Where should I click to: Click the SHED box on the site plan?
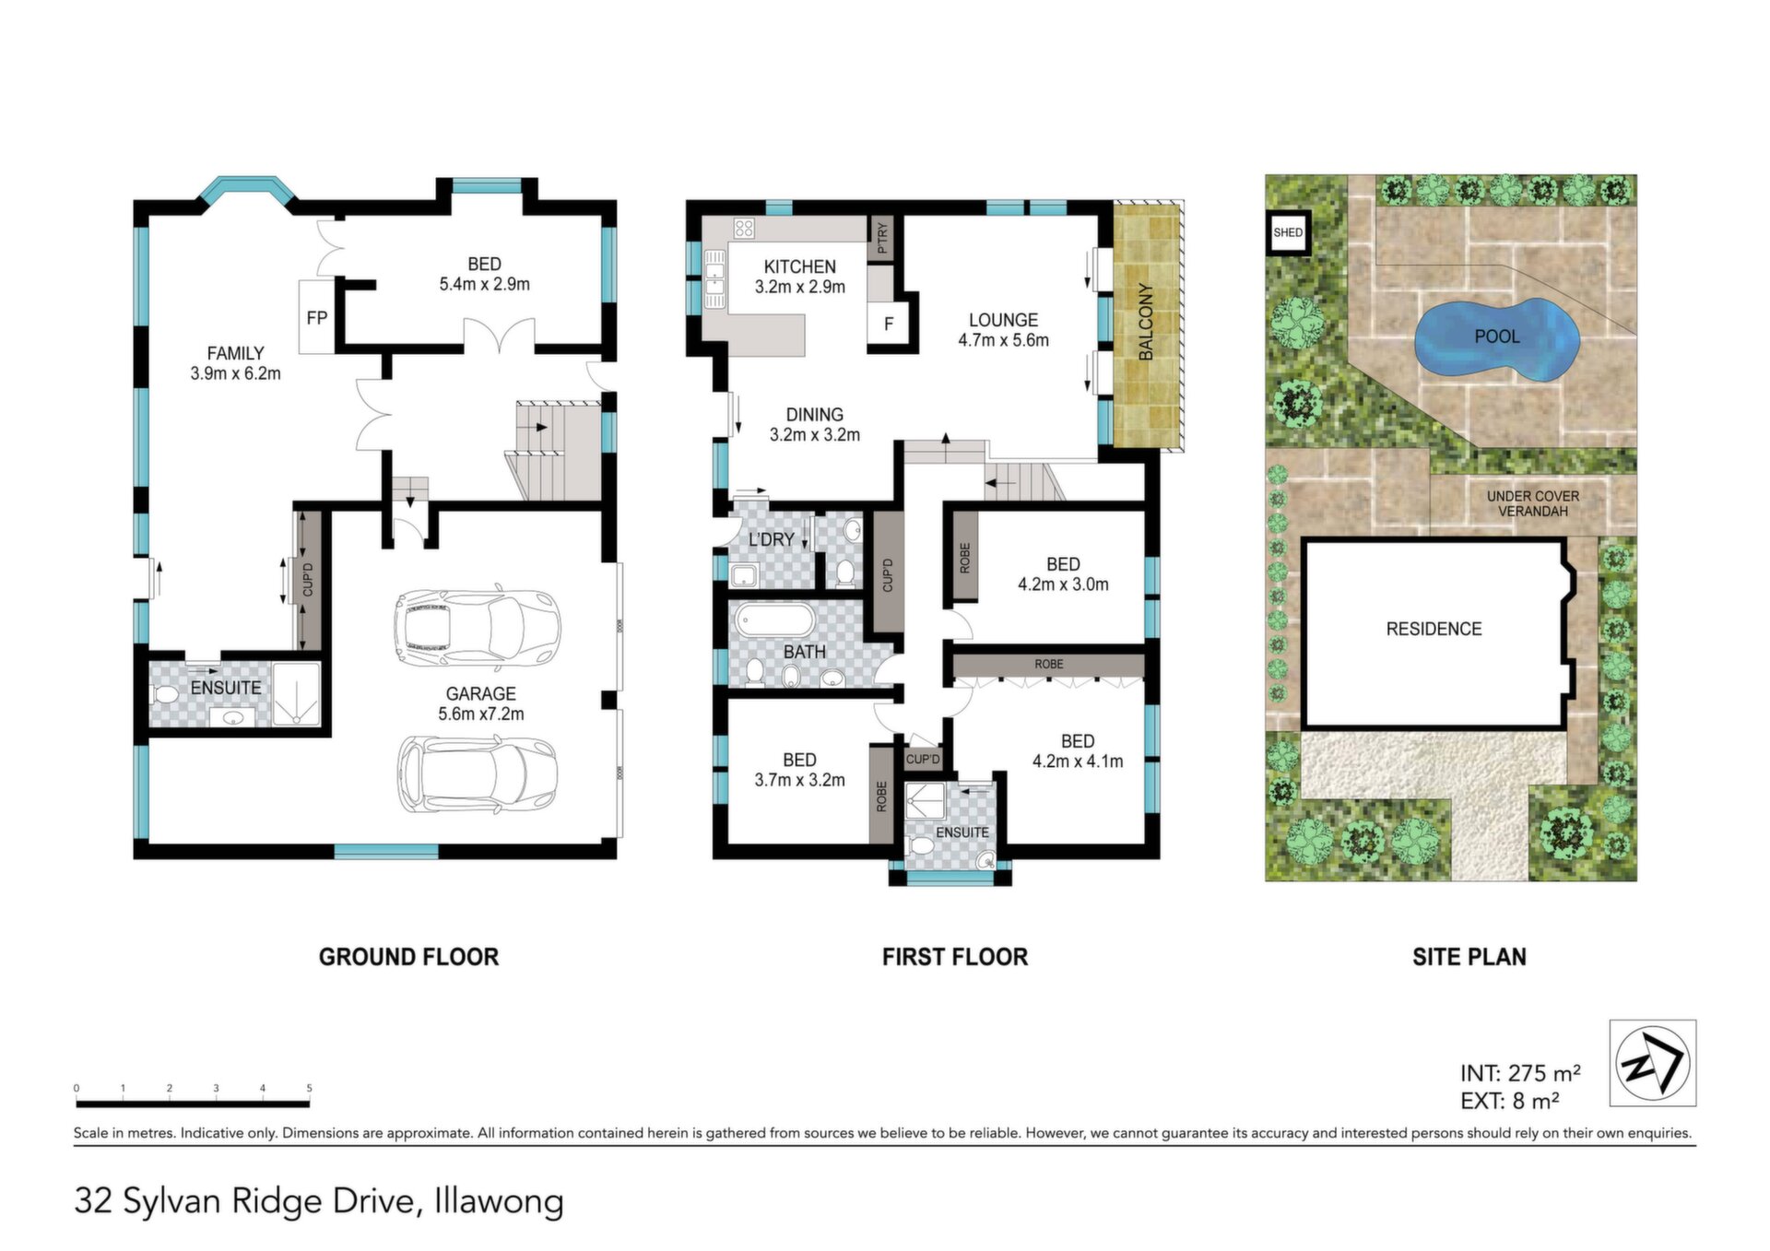[1288, 232]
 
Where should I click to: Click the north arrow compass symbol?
[1653, 1063]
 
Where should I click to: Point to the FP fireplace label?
[316, 318]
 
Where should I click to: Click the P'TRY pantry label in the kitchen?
[882, 238]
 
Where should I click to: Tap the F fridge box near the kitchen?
[888, 324]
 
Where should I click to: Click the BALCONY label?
[1146, 322]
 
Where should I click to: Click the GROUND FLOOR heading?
[408, 957]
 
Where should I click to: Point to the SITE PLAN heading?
[1469, 957]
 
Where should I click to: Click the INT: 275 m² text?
[1520, 1073]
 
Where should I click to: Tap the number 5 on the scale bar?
[309, 1089]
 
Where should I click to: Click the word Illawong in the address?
[499, 1201]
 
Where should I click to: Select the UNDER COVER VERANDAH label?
[1533, 503]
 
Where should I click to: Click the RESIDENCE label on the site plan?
[1434, 629]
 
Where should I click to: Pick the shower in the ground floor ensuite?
[297, 693]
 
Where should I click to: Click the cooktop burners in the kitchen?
[744, 228]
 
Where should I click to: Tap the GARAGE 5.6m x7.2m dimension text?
[480, 703]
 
